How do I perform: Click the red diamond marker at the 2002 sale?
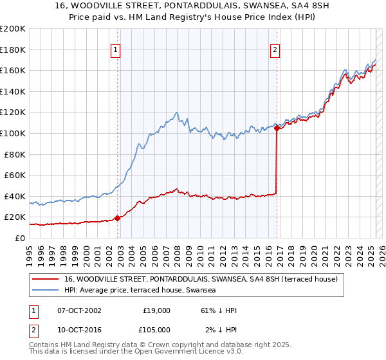118,218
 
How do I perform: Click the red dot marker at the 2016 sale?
277,128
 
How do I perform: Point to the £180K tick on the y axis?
14,50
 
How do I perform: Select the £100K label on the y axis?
14,133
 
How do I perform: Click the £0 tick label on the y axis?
19,238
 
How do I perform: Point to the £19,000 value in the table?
156,310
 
